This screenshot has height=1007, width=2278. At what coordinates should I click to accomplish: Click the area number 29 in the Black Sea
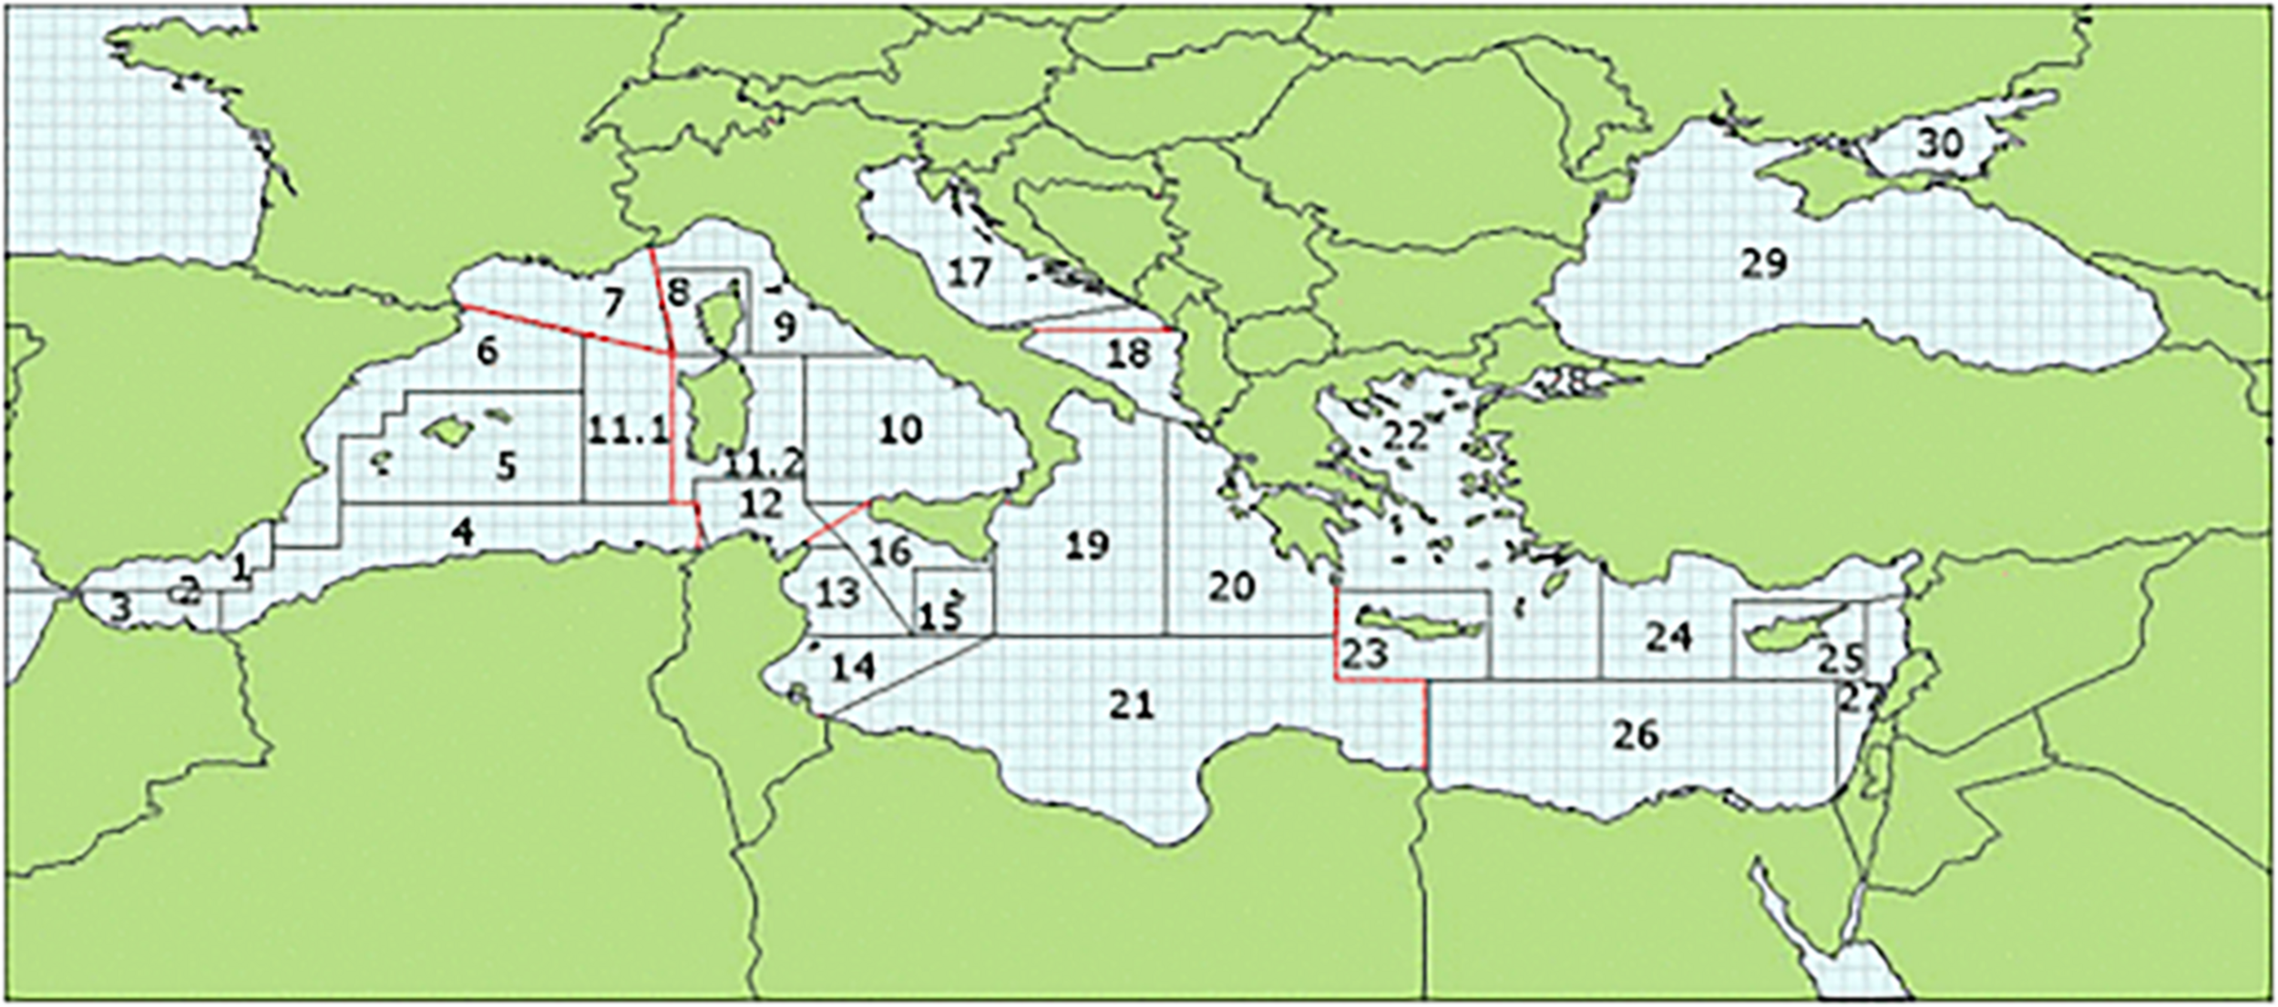[x=1764, y=263]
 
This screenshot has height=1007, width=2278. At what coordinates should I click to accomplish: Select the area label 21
[x=1132, y=704]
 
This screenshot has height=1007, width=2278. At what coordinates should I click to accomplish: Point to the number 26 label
[x=1636, y=735]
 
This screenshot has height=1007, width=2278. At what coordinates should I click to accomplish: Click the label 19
[x=1087, y=546]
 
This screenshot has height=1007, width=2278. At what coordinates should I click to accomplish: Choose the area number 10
[x=900, y=429]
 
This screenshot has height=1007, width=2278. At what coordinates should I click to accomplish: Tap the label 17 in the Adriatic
[x=968, y=272]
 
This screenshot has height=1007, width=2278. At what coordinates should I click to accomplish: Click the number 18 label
[x=1128, y=354]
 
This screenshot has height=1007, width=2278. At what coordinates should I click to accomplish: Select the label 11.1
[x=628, y=430]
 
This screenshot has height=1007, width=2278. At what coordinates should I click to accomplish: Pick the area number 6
[x=487, y=351]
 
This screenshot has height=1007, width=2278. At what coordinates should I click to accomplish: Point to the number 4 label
[x=464, y=533]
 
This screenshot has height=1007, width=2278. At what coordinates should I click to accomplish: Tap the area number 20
[x=1232, y=588]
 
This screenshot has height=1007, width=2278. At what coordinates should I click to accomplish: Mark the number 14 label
[x=854, y=668]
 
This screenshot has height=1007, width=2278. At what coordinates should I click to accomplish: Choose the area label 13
[x=837, y=593]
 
